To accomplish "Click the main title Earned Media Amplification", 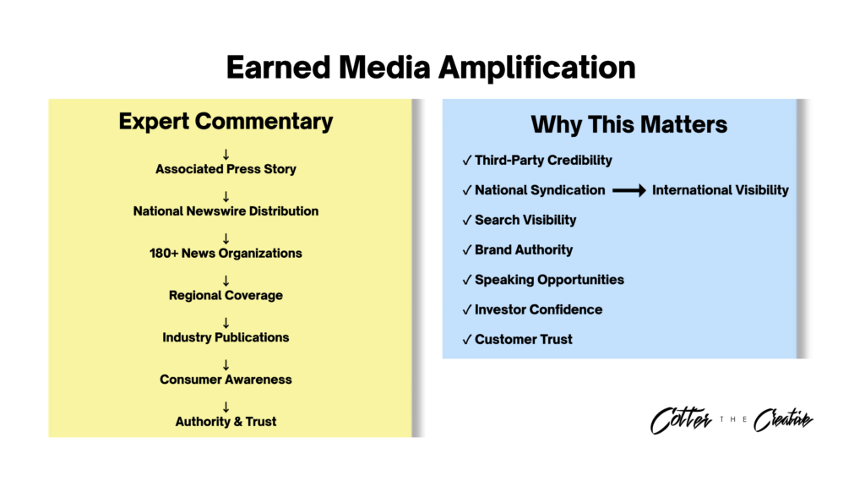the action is pos(431,68).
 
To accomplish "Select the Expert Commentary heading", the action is pos(226,122).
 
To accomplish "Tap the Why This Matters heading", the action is pos(628,125).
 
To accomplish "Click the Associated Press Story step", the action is pos(226,169).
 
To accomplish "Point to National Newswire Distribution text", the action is pos(226,211).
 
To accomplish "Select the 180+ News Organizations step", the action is pos(226,254).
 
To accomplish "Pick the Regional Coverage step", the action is pos(226,296).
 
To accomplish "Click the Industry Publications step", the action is pos(226,337).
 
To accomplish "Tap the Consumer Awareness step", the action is pos(226,380).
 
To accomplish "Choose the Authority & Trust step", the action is pos(226,421).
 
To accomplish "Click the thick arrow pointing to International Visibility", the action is pos(628,190).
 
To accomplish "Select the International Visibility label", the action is pos(720,190).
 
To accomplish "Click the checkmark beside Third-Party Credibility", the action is pos(467,161).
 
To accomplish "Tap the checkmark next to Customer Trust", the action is pos(467,340).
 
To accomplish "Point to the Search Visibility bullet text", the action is pos(525,221).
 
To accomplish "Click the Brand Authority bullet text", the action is pos(524,250).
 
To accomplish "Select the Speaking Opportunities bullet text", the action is pos(549,280).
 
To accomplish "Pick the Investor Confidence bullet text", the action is pos(538,309).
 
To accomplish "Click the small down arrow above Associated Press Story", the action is pos(226,155).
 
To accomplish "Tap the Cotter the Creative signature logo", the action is pos(732,420).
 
